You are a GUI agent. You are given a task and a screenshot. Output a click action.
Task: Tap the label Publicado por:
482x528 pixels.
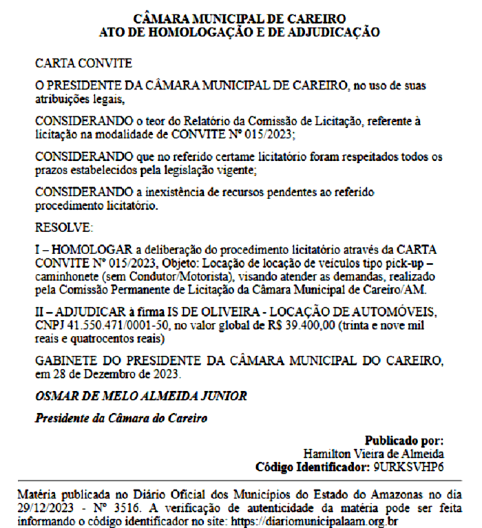pos(404,441)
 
